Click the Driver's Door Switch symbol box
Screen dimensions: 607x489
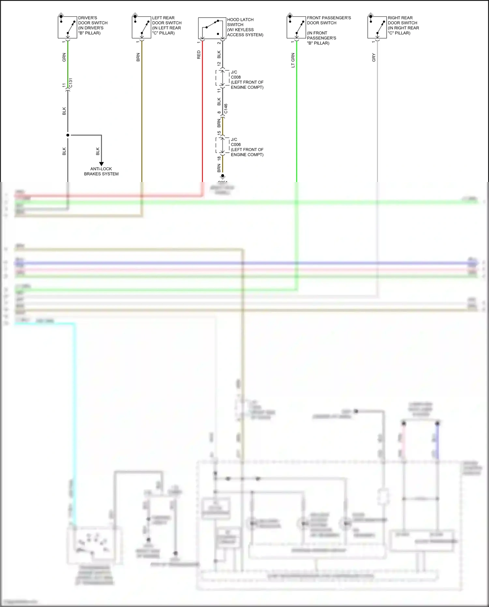pyautogui.click(x=67, y=27)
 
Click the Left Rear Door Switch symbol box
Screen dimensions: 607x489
pyautogui.click(x=141, y=27)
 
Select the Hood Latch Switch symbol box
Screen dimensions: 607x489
pyautogui.click(x=212, y=28)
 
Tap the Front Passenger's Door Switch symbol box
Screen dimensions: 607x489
pyautogui.click(x=296, y=27)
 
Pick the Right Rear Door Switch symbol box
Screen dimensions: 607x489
pyautogui.click(x=377, y=27)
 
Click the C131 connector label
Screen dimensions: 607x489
pyautogui.click(x=71, y=83)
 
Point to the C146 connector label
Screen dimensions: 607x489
pyautogui.click(x=226, y=109)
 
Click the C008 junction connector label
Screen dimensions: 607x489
pyautogui.click(x=236, y=77)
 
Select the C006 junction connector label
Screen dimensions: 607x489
pyautogui.click(x=236, y=144)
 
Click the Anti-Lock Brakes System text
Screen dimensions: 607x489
pyautogui.click(x=101, y=171)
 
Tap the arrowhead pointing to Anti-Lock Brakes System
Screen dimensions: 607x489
pyautogui.click(x=101, y=164)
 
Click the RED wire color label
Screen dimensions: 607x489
pyautogui.click(x=199, y=55)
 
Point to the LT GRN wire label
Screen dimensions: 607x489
pyautogui.click(x=293, y=60)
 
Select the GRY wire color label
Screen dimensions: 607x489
pyautogui.click(x=374, y=57)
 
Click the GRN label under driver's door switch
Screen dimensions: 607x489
pyautogui.click(x=64, y=57)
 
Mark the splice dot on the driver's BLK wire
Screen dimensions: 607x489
pyautogui.click(x=68, y=135)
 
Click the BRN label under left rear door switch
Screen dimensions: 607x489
pyautogui.click(x=138, y=57)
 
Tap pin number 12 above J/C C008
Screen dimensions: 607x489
pyautogui.click(x=219, y=64)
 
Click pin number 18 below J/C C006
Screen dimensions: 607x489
pyautogui.click(x=219, y=158)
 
